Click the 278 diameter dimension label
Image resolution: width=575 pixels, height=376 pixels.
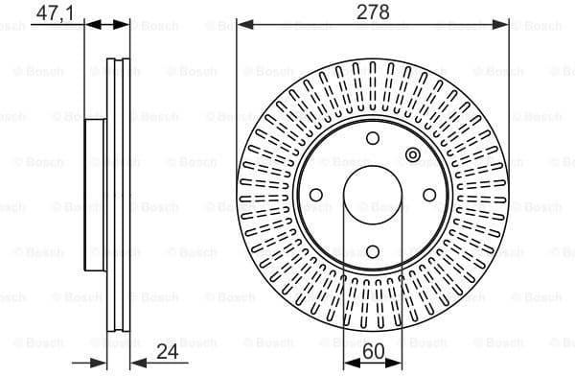373,12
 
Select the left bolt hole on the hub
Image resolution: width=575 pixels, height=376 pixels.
314,195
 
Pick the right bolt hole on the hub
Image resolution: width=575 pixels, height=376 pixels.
429,195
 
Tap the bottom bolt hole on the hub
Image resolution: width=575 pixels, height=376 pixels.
372,252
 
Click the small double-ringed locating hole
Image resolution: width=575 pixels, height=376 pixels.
413,155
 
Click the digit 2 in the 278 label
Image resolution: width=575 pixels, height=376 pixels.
362,12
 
